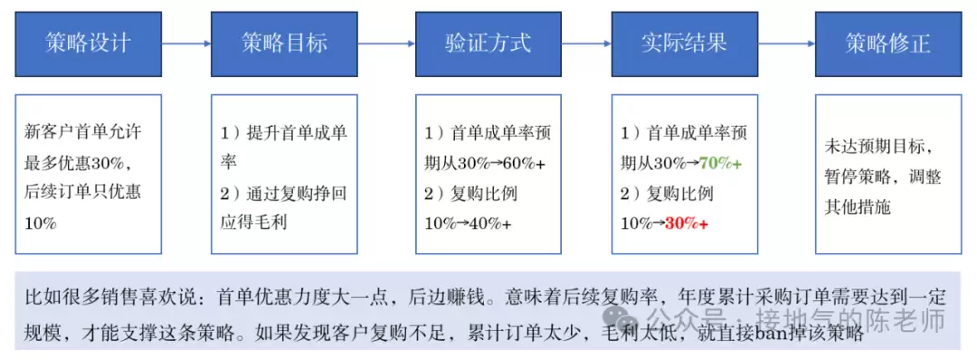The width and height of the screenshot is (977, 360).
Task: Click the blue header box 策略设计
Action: coord(89,43)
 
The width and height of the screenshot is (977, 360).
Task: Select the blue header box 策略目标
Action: coord(284,43)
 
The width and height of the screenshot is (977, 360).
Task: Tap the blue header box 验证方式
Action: coord(488,43)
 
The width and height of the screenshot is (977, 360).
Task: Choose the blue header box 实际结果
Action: coord(684,43)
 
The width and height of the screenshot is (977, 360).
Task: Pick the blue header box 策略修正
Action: coord(887,43)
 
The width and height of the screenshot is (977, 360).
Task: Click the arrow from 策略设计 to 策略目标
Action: coord(186,43)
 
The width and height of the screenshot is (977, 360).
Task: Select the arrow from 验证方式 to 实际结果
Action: coord(586,43)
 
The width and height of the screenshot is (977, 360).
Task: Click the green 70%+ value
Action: coord(720,163)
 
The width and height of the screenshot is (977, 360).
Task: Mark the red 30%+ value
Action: coord(687,223)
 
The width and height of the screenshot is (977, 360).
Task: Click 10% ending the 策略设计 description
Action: coord(41,223)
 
